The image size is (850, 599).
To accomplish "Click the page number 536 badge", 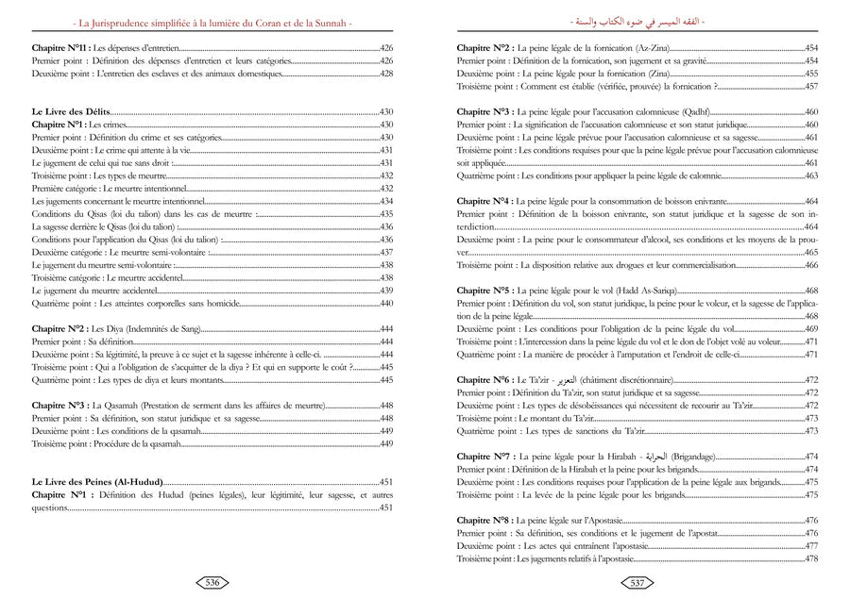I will tap(212, 582).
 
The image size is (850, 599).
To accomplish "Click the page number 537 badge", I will tap(637, 582).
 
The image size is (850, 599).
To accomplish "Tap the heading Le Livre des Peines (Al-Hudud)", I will tap(96, 480).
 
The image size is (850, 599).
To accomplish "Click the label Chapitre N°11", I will tap(60, 46).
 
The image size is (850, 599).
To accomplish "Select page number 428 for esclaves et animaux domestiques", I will tap(385, 73).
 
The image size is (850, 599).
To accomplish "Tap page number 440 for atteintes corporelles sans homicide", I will tap(385, 304).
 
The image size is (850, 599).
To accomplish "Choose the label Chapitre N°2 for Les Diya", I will tap(58, 329).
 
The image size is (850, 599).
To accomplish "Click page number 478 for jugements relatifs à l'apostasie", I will tap(810, 558).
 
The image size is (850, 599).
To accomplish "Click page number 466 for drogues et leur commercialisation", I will tap(810, 265).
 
